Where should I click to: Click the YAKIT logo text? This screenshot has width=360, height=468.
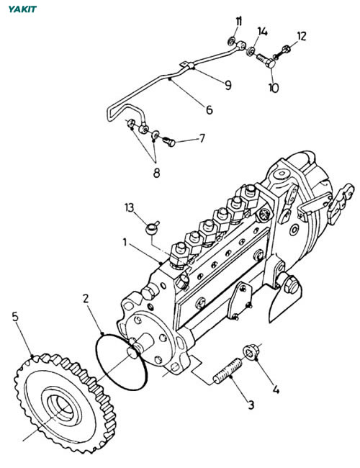pyautogui.click(x=22, y=9)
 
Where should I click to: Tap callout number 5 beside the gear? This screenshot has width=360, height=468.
pyautogui.click(x=15, y=317)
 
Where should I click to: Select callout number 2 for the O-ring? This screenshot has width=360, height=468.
pyautogui.click(x=86, y=298)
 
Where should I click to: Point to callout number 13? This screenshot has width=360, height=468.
pyautogui.click(x=130, y=207)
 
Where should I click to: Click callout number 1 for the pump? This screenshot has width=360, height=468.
pyautogui.click(x=125, y=242)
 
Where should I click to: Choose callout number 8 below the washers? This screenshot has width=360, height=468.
pyautogui.click(x=156, y=173)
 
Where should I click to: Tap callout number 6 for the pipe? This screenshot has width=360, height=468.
pyautogui.click(x=210, y=110)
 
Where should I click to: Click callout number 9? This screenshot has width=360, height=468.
pyautogui.click(x=228, y=86)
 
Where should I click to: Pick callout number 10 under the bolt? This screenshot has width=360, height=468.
pyautogui.click(x=274, y=88)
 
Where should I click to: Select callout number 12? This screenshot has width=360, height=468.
pyautogui.click(x=302, y=37)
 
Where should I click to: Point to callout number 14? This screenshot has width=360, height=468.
pyautogui.click(x=263, y=32)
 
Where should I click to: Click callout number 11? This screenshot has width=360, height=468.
pyautogui.click(x=239, y=22)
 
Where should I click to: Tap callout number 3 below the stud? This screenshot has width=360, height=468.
pyautogui.click(x=251, y=405)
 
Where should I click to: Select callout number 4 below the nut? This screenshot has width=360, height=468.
pyautogui.click(x=276, y=390)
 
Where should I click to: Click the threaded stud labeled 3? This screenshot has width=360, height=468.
pyautogui.click(x=228, y=371)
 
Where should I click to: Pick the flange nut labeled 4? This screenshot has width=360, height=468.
pyautogui.click(x=251, y=352)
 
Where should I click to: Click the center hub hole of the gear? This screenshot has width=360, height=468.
pyautogui.click(x=63, y=408)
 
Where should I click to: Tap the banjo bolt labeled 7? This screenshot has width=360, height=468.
pyautogui.click(x=169, y=141)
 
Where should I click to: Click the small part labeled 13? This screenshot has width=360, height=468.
pyautogui.click(x=152, y=228)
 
